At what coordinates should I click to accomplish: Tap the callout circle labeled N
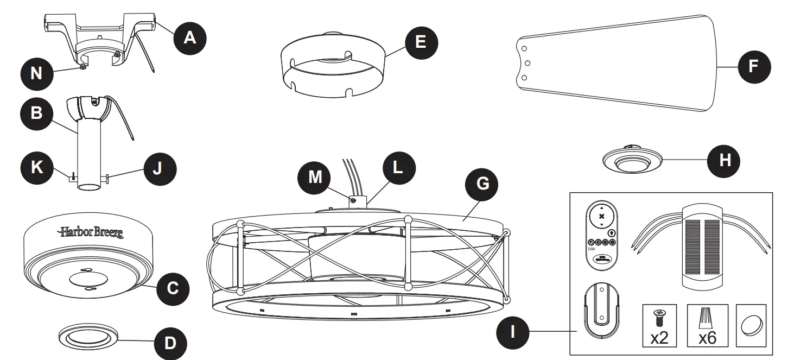pyautogui.click(x=36, y=73)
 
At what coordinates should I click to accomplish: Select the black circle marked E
pyautogui.click(x=421, y=41)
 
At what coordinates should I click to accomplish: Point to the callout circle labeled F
pyautogui.click(x=753, y=66)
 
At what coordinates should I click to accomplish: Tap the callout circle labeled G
pyautogui.click(x=482, y=184)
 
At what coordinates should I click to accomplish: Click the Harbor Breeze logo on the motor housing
pyautogui.click(x=91, y=232)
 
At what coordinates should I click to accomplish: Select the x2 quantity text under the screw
pyautogui.click(x=659, y=338)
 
